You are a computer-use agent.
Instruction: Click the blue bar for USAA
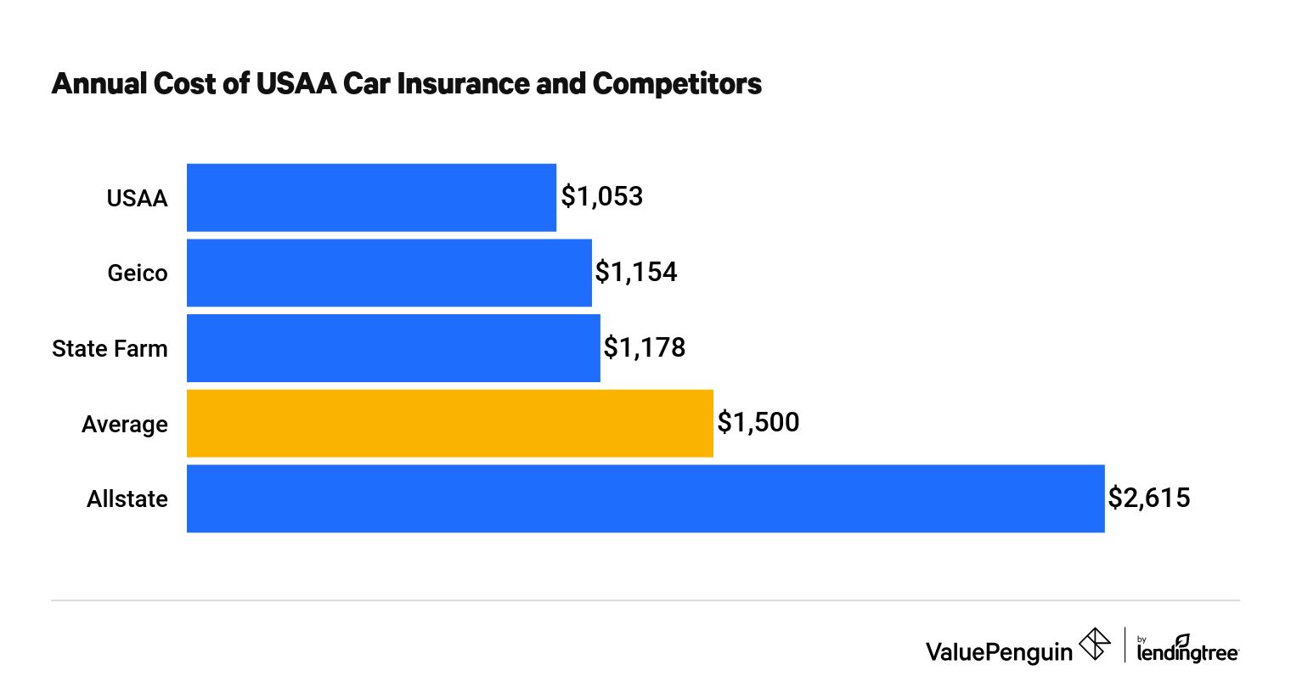point(371,197)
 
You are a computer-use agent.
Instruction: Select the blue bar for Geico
point(389,273)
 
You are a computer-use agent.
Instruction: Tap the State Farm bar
point(393,348)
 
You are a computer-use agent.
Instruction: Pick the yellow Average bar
point(449,423)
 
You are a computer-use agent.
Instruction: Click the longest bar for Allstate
point(645,499)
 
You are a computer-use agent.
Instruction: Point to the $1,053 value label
point(602,197)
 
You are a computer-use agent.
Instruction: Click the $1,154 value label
point(636,272)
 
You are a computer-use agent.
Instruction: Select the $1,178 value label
point(645,347)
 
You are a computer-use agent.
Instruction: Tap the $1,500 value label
point(758,422)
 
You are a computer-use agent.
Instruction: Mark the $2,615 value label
point(1148,498)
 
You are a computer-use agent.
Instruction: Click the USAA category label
point(137,199)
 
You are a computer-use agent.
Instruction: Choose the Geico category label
point(138,273)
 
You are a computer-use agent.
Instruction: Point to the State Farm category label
point(110,349)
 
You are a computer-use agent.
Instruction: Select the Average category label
point(125,425)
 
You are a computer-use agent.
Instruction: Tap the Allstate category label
point(127,499)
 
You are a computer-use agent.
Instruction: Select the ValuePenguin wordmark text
point(999,651)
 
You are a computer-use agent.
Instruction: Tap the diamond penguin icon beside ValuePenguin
point(1095,645)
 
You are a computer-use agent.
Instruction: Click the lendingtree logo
point(1187,650)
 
